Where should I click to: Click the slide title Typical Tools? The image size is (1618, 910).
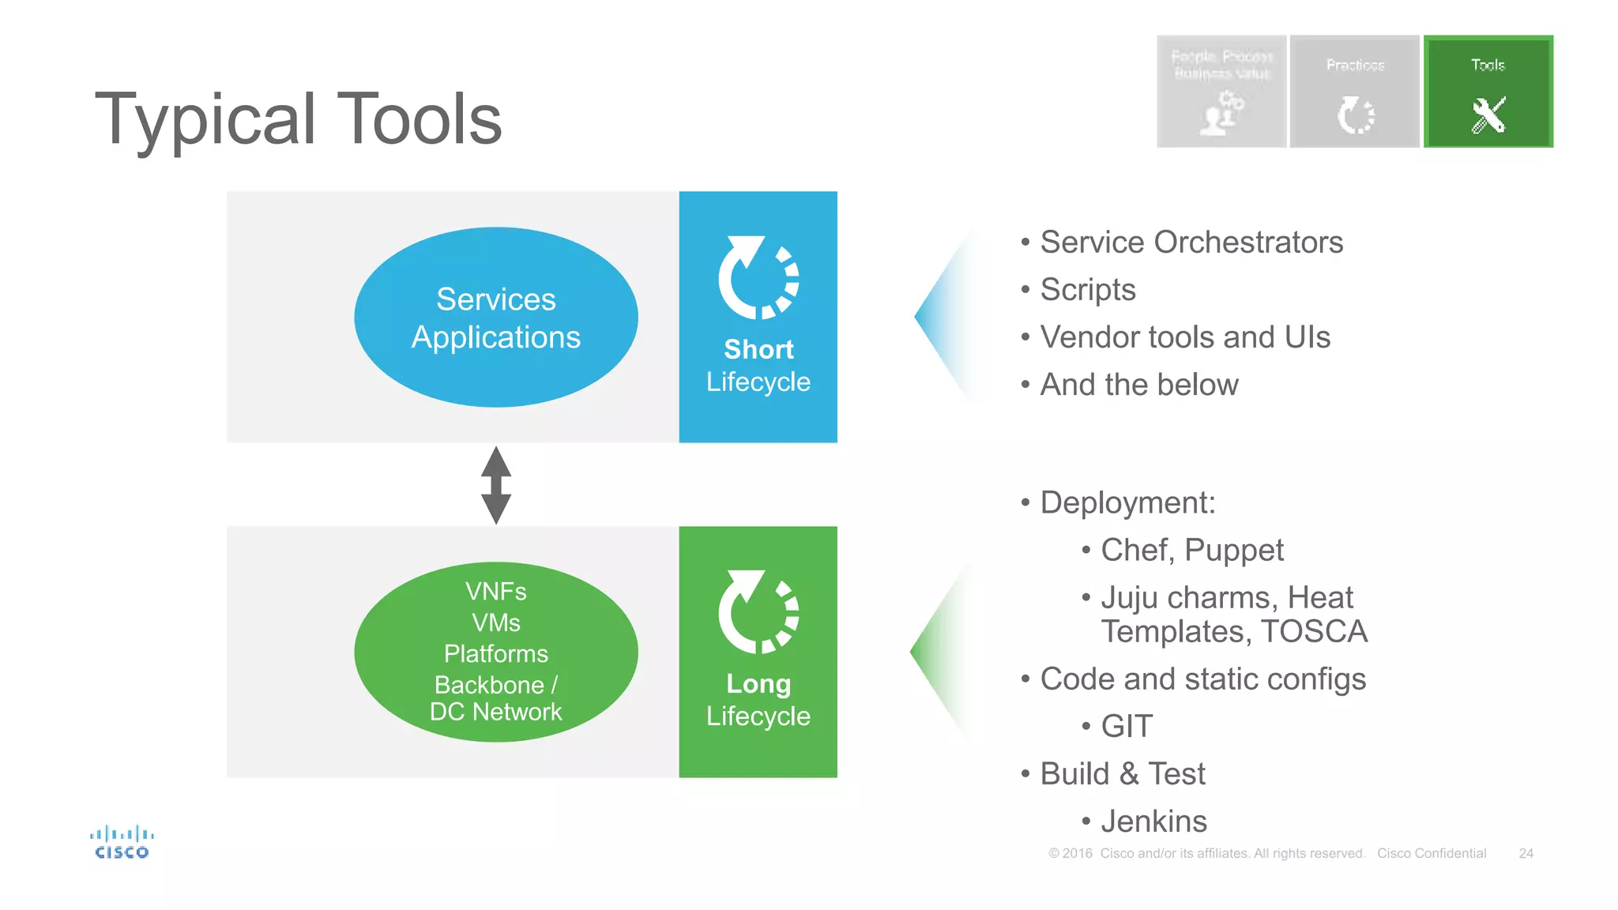click(298, 118)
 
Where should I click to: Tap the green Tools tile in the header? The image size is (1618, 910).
click(1488, 91)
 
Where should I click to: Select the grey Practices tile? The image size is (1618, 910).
click(1354, 91)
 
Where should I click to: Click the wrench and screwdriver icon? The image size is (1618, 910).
click(1488, 115)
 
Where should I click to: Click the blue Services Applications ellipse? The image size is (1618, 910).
click(495, 318)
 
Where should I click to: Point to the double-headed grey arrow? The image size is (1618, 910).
click(495, 485)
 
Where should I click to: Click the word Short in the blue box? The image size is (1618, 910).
click(758, 349)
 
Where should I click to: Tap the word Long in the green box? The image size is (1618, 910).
click(758, 683)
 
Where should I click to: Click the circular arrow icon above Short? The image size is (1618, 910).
click(758, 277)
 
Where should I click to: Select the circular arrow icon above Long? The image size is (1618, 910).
click(758, 612)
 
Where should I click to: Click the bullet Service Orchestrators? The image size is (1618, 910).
click(1191, 243)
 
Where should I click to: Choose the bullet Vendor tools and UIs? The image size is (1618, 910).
click(1184, 337)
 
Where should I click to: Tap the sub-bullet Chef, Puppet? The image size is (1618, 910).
click(1191, 551)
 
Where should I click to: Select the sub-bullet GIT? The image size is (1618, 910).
click(1127, 726)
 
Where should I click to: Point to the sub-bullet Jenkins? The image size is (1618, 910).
click(1153, 822)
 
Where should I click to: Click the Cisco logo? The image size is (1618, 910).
click(122, 842)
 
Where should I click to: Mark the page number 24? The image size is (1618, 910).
click(1526, 853)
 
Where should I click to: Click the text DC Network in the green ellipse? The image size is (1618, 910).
click(495, 712)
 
